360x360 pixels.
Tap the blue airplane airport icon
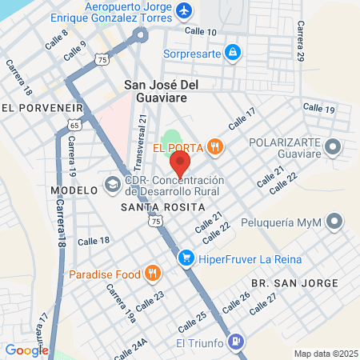185,11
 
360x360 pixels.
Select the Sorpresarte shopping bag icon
232,52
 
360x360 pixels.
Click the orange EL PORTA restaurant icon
214,146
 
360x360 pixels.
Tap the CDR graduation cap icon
112,186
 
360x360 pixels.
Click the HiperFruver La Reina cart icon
186,258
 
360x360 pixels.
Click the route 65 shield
74,126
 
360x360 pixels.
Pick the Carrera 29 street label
301,44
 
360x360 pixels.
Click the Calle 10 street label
201,31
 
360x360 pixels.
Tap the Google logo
26,350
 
